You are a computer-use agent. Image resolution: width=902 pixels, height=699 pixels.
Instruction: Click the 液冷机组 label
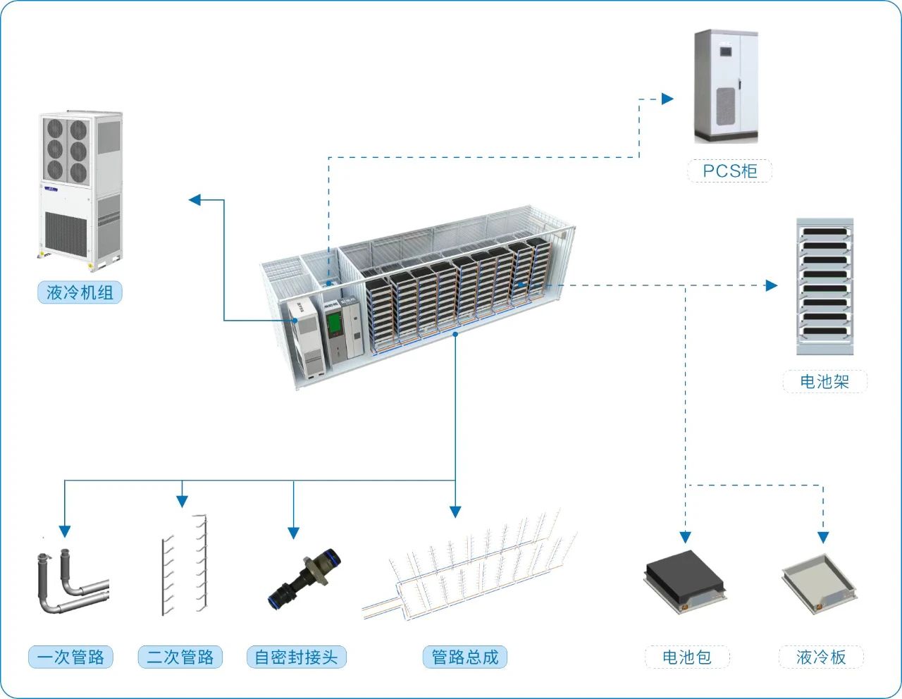tap(80, 292)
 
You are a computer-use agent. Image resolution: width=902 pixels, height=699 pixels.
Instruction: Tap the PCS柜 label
tap(729, 171)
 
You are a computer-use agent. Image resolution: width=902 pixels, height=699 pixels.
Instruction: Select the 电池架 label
tap(824, 381)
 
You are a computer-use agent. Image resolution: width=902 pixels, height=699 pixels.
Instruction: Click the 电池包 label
tap(687, 657)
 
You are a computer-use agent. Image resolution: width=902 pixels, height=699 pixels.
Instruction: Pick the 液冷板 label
tap(821, 657)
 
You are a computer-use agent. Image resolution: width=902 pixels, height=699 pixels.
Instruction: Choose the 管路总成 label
tap(465, 657)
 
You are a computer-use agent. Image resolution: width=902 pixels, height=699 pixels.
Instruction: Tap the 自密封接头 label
tap(296, 657)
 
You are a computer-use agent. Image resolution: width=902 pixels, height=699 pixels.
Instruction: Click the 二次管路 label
tap(180, 657)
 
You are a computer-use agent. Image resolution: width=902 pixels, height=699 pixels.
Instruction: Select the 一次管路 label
tap(70, 657)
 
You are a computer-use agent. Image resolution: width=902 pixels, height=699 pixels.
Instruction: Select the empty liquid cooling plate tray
tap(820, 581)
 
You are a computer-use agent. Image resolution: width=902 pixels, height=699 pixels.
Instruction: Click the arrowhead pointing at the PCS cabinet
tap(667, 99)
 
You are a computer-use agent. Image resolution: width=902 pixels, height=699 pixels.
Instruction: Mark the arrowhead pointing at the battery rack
tap(772, 285)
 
